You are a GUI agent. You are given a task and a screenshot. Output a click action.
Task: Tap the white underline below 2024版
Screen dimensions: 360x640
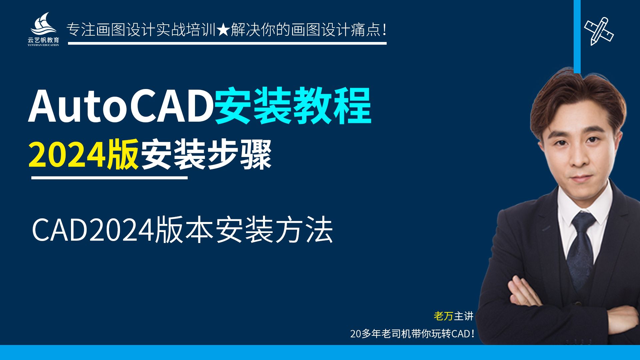point(109,178)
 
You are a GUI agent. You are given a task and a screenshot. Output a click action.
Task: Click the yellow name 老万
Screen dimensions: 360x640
point(443,316)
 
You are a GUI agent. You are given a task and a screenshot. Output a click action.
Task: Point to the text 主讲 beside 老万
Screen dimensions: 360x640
point(464,316)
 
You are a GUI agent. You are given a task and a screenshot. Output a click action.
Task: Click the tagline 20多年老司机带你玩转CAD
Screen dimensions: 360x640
point(412,334)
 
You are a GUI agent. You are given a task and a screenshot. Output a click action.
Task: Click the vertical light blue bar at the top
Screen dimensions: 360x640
point(577,37)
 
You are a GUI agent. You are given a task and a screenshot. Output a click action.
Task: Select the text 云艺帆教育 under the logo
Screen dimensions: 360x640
point(43,40)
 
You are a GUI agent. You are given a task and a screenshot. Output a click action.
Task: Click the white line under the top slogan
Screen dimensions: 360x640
point(227,43)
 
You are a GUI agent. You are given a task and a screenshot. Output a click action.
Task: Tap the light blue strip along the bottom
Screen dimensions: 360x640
point(320,353)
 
